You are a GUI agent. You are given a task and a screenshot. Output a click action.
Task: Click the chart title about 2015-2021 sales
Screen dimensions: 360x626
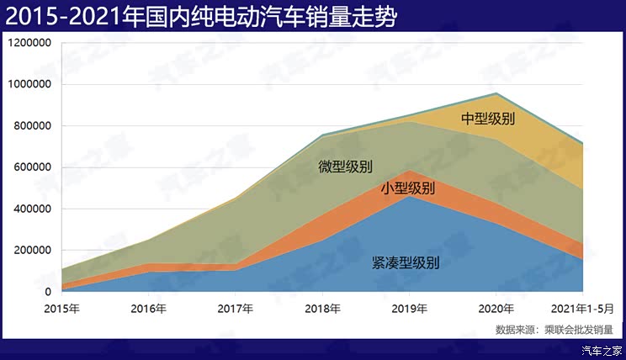pos(202,16)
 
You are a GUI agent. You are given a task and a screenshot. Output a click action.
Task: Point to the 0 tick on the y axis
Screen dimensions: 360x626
pos(47,292)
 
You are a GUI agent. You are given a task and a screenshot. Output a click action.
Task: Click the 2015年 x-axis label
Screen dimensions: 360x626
pos(62,309)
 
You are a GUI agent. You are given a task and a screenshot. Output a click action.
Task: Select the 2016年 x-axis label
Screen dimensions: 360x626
pos(149,309)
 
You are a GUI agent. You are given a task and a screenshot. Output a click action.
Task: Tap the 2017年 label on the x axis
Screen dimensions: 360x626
pos(236,309)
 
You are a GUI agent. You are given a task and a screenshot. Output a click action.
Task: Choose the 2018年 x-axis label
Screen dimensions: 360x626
pos(322,309)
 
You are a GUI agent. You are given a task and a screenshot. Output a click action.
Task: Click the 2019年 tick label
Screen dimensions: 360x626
pos(410,309)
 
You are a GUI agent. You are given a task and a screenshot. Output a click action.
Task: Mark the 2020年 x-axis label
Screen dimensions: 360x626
pos(496,309)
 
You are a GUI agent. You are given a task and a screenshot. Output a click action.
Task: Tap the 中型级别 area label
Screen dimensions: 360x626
pos(488,119)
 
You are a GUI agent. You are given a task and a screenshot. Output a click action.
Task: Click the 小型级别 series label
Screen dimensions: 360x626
pos(408,188)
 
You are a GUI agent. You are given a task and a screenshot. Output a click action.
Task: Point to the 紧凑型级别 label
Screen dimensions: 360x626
pos(406,262)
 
